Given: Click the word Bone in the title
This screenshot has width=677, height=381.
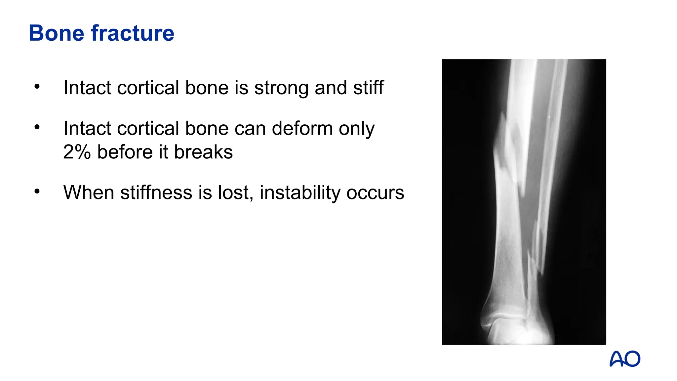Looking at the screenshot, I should pyautogui.click(x=56, y=33).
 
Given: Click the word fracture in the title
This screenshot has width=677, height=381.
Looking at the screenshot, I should pyautogui.click(x=133, y=33).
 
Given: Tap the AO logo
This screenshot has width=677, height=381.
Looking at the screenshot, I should pyautogui.click(x=625, y=359).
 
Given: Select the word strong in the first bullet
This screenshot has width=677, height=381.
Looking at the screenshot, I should pyautogui.click(x=281, y=88).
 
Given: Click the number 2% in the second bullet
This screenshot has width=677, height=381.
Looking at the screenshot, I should pyautogui.click(x=77, y=152).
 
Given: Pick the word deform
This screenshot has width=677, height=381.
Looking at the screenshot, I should pyautogui.click(x=302, y=128).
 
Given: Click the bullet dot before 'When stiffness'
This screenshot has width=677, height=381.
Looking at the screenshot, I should pyautogui.click(x=37, y=191).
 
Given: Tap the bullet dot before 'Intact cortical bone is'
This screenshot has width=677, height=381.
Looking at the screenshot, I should pyautogui.click(x=37, y=87).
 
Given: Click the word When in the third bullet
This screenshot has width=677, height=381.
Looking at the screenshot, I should pyautogui.click(x=89, y=192).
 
